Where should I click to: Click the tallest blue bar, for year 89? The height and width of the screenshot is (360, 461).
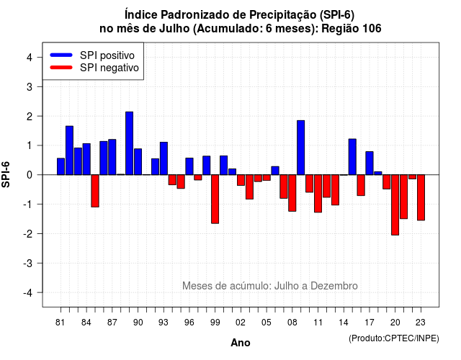[129, 143]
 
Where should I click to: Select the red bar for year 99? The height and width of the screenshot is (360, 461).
[215, 199]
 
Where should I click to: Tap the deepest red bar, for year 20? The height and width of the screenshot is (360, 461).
[395, 204]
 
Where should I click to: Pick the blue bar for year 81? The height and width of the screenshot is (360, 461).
[61, 166]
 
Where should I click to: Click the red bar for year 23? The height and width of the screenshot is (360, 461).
[421, 197]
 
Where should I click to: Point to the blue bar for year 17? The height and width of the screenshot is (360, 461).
[370, 163]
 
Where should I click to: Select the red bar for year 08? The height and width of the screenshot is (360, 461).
[292, 193]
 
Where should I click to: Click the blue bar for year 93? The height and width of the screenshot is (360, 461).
[164, 158]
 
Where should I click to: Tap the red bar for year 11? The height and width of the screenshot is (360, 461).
[318, 194]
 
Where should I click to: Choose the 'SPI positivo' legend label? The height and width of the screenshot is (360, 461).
[107, 55]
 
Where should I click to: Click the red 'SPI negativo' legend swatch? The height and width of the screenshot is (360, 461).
[61, 68]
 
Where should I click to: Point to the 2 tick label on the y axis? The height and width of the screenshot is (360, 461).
[30, 117]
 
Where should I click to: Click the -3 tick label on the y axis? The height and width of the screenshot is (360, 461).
[28, 264]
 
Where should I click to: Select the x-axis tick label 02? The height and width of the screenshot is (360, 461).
[241, 323]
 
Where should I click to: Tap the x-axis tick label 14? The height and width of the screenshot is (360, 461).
[344, 323]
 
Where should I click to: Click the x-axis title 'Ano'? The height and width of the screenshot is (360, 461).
[241, 343]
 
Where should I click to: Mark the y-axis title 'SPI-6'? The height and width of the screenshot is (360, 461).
[6, 174]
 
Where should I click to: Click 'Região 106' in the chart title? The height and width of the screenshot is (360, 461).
[352, 29]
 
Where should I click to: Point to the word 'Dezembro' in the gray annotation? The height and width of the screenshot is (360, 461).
[334, 286]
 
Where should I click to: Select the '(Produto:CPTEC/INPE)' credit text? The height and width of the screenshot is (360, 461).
[394, 338]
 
